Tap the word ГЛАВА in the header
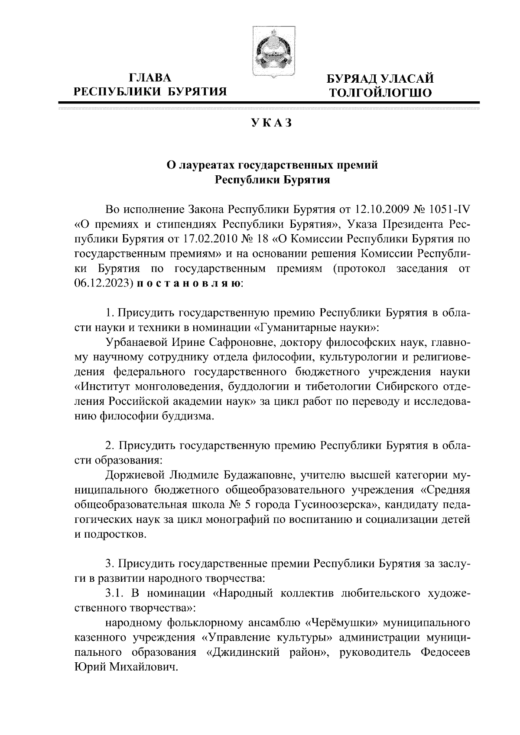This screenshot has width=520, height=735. (x=150, y=78)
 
